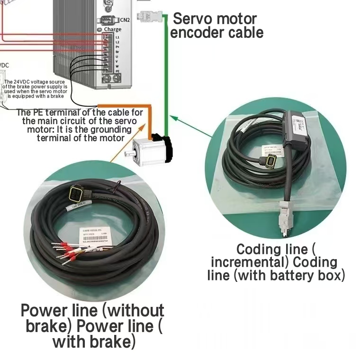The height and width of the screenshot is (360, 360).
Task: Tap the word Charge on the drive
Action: tap(112, 29)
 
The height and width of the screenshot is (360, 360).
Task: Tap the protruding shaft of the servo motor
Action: tap(128, 153)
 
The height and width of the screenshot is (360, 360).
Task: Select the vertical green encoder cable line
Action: tap(166, 71)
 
